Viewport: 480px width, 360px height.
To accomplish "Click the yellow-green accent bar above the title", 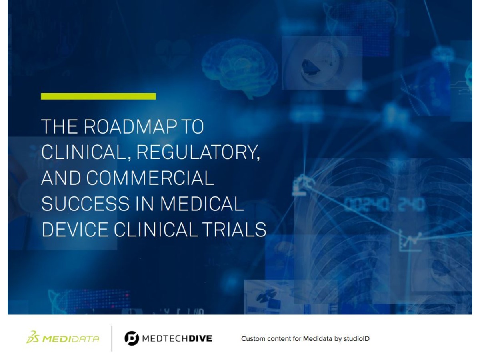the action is click(98, 96).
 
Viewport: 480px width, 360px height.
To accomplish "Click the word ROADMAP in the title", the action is click(130, 126).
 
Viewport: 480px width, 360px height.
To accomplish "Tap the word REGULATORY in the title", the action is click(198, 152).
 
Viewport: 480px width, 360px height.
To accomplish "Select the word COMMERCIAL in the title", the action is click(150, 178).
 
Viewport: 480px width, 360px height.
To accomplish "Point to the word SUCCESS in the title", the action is click(85, 204).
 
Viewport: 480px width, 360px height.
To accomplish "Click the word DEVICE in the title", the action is click(75, 230).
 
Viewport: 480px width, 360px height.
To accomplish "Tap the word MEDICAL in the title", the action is click(202, 204).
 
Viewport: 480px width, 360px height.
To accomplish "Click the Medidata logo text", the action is click(70, 339).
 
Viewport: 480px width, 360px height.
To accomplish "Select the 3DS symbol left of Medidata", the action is click(33, 337).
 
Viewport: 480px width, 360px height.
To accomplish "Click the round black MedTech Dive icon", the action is click(132, 338).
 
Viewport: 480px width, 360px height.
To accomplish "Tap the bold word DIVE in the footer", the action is click(200, 338).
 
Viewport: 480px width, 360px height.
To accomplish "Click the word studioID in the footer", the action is click(356, 338).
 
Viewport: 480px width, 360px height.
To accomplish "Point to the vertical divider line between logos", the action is click(112, 338).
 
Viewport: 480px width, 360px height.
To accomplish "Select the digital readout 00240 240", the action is click(384, 204).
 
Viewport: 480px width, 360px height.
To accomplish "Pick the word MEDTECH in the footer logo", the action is click(165, 338).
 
